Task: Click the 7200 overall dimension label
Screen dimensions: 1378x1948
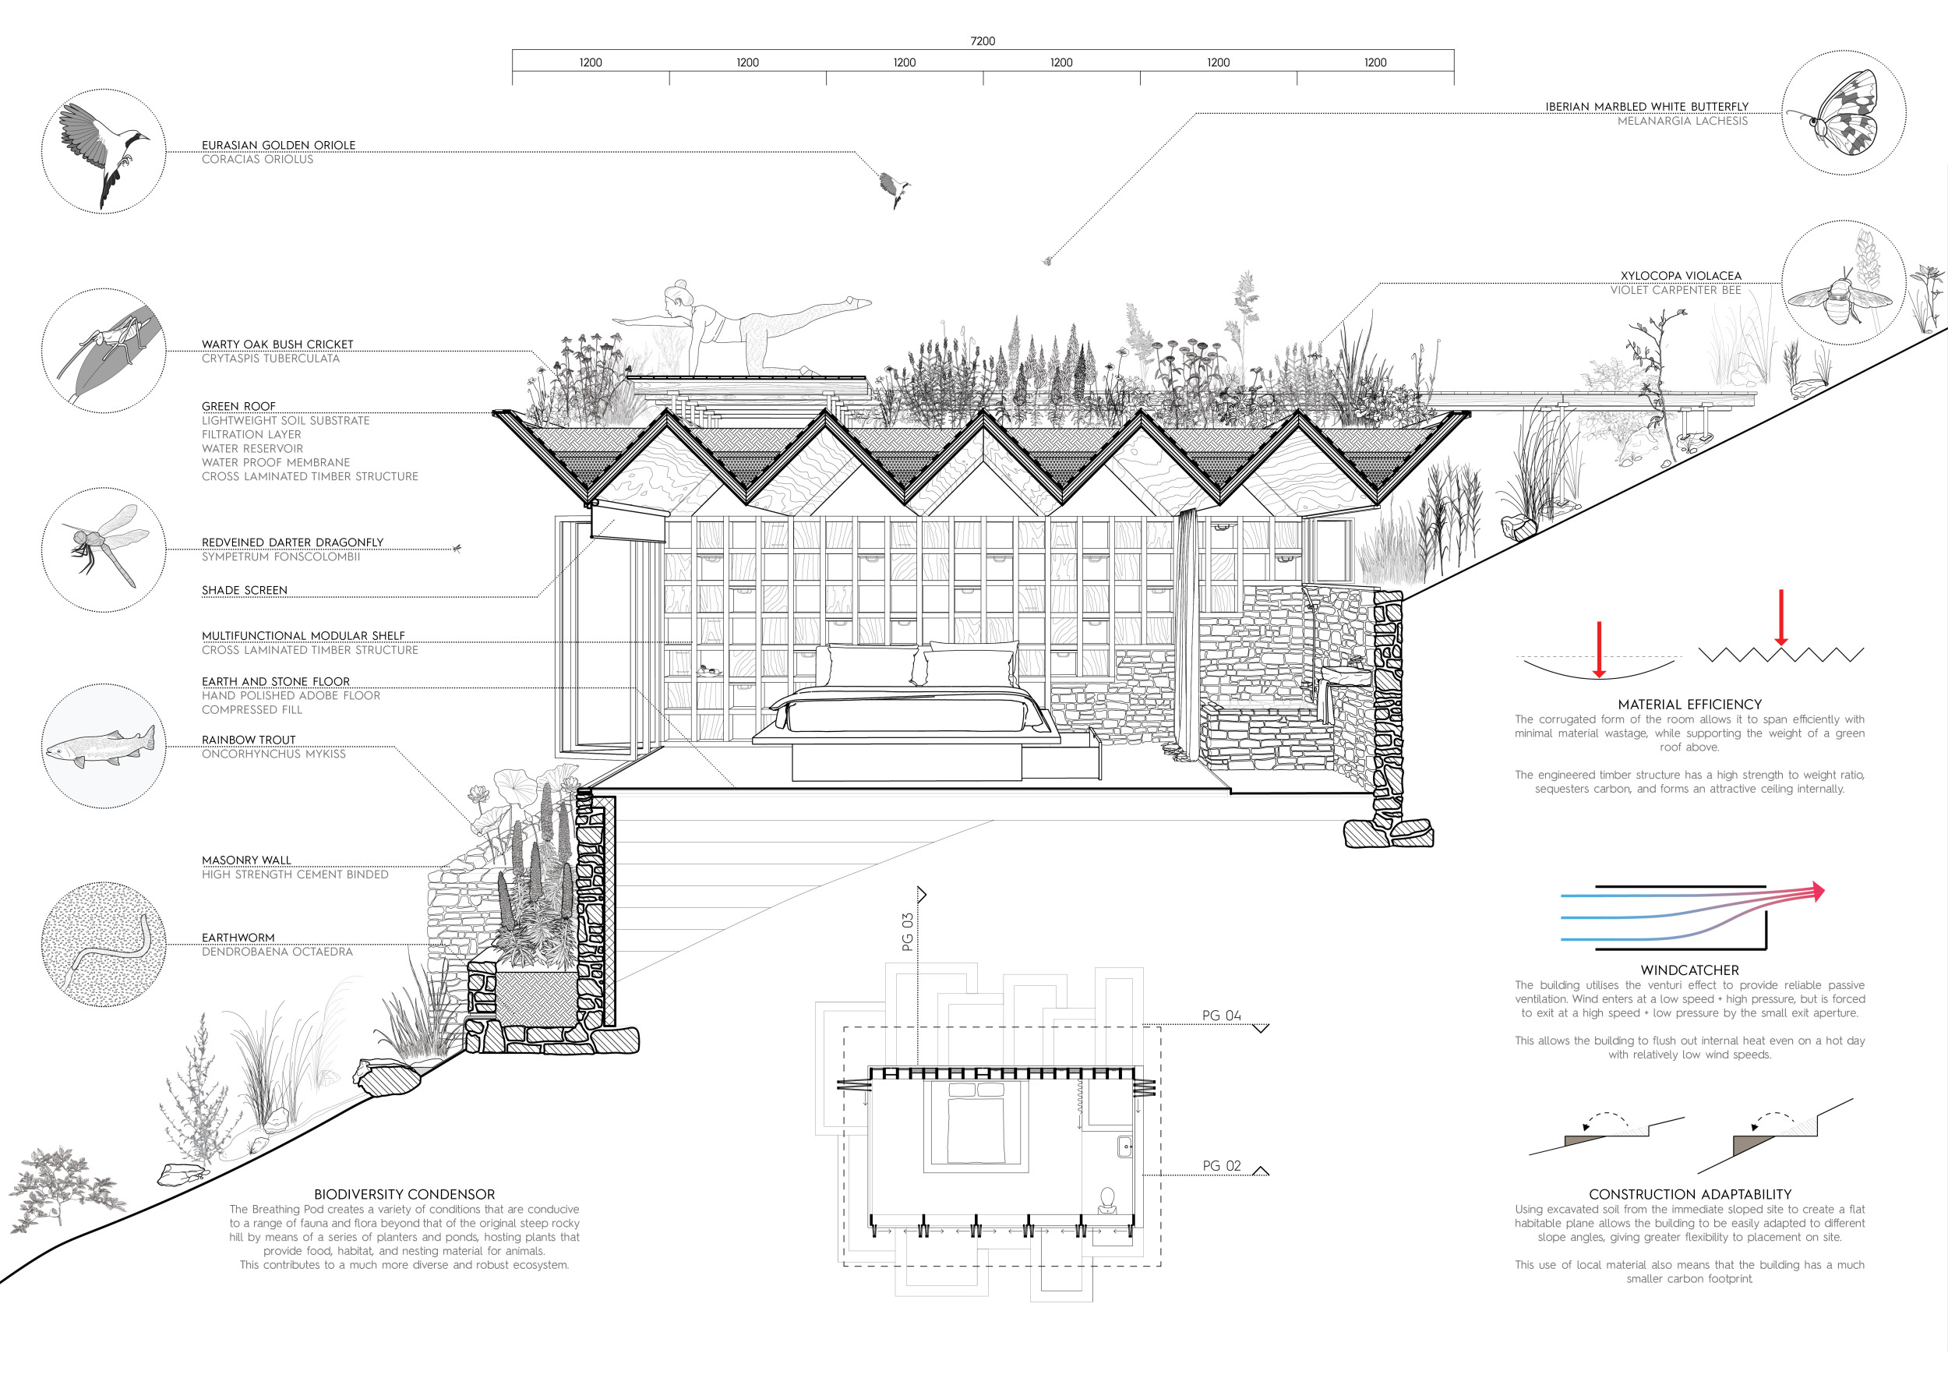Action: click(983, 41)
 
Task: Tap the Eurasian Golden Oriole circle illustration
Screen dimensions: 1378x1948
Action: click(104, 151)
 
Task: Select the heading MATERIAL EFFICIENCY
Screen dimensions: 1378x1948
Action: click(1689, 705)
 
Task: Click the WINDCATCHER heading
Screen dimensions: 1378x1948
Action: click(1689, 970)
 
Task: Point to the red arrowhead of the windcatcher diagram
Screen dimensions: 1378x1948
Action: click(1817, 891)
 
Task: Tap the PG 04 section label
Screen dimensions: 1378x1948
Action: click(1221, 1016)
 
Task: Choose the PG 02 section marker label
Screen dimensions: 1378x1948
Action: click(1221, 1166)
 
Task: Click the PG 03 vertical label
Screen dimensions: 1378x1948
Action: click(907, 931)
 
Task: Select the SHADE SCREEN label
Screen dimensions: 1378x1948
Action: click(245, 591)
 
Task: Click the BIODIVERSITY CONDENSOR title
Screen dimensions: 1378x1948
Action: click(404, 1194)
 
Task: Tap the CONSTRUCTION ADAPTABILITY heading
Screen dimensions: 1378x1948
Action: click(1689, 1194)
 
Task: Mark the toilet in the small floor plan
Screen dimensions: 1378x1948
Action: click(1106, 1200)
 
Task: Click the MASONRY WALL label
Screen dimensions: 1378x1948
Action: click(246, 860)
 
